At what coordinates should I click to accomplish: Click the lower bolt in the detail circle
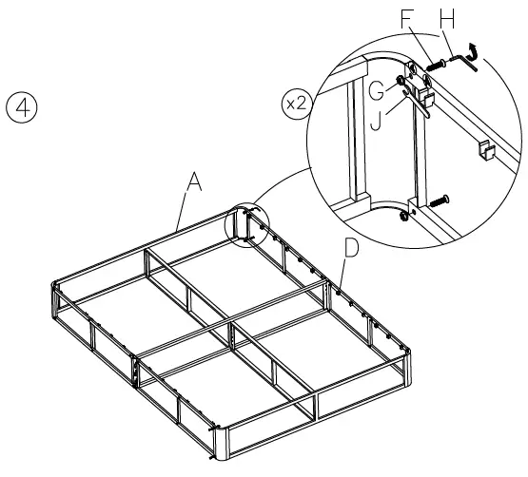tap(438, 200)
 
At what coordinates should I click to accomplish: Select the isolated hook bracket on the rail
tap(486, 147)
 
